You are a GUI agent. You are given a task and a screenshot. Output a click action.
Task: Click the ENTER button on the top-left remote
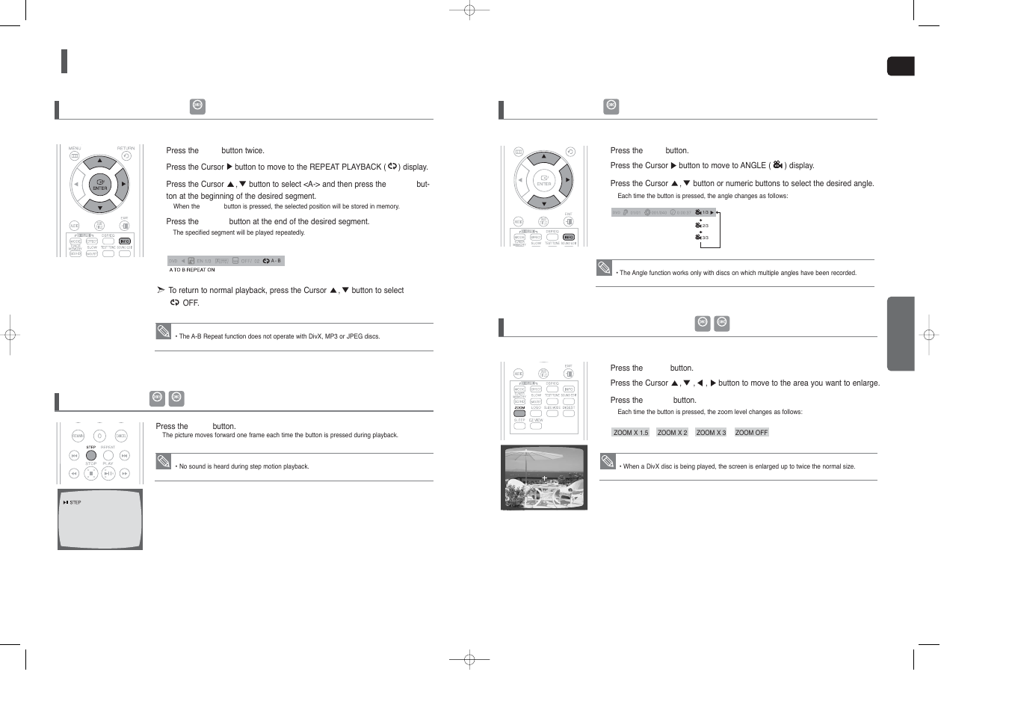point(99,185)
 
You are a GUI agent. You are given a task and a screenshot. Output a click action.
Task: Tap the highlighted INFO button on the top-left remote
point(125,241)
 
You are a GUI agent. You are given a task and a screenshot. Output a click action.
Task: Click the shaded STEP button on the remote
point(91,455)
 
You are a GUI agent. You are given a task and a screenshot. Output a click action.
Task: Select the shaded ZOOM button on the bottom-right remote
point(519,413)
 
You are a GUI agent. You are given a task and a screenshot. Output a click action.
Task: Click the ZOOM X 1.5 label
point(631,433)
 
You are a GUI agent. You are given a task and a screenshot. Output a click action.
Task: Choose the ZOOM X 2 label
point(672,433)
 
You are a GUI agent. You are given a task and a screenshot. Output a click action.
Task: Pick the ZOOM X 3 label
point(711,433)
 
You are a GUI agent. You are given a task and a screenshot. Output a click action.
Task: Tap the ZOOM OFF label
point(751,433)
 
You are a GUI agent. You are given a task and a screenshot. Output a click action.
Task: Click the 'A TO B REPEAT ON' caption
point(192,270)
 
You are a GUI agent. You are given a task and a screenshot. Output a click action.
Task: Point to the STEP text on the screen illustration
point(75,502)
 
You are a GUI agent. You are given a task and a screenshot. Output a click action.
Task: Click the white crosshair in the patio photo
point(545,478)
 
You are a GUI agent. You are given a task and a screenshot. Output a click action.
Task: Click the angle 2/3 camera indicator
point(702,225)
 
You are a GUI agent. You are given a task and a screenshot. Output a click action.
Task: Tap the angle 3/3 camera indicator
point(702,238)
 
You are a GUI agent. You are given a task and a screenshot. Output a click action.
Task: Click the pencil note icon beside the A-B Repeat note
point(164,331)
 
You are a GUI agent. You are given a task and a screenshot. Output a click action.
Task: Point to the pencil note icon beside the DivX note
point(608,461)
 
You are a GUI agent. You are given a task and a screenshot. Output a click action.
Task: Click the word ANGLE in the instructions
point(753,166)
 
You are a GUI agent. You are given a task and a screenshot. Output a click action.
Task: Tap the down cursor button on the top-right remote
point(544,203)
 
